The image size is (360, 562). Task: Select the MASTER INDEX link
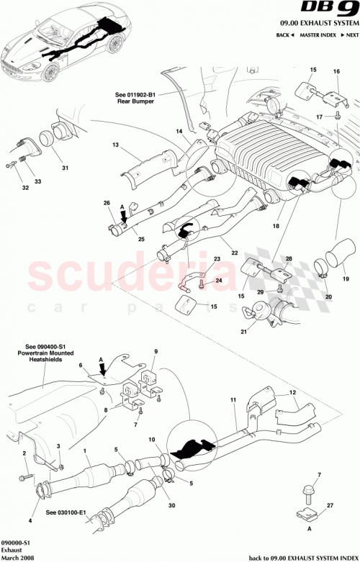(x=319, y=35)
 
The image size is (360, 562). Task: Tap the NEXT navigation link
(x=350, y=35)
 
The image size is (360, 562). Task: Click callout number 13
(x=114, y=145)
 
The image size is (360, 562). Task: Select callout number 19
(x=345, y=277)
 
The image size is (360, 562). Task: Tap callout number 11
(x=233, y=400)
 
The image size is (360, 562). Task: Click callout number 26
(x=107, y=203)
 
